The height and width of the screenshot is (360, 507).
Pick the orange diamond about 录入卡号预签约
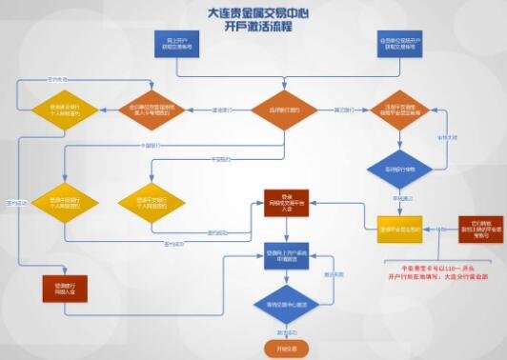point(148,110)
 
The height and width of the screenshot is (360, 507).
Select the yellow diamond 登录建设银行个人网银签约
point(57,110)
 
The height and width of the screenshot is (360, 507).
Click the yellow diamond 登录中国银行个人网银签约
point(57,202)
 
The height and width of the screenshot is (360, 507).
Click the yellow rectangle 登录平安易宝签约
point(399,230)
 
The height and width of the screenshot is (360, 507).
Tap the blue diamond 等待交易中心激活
point(283,305)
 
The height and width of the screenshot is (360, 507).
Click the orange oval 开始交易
point(283,349)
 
